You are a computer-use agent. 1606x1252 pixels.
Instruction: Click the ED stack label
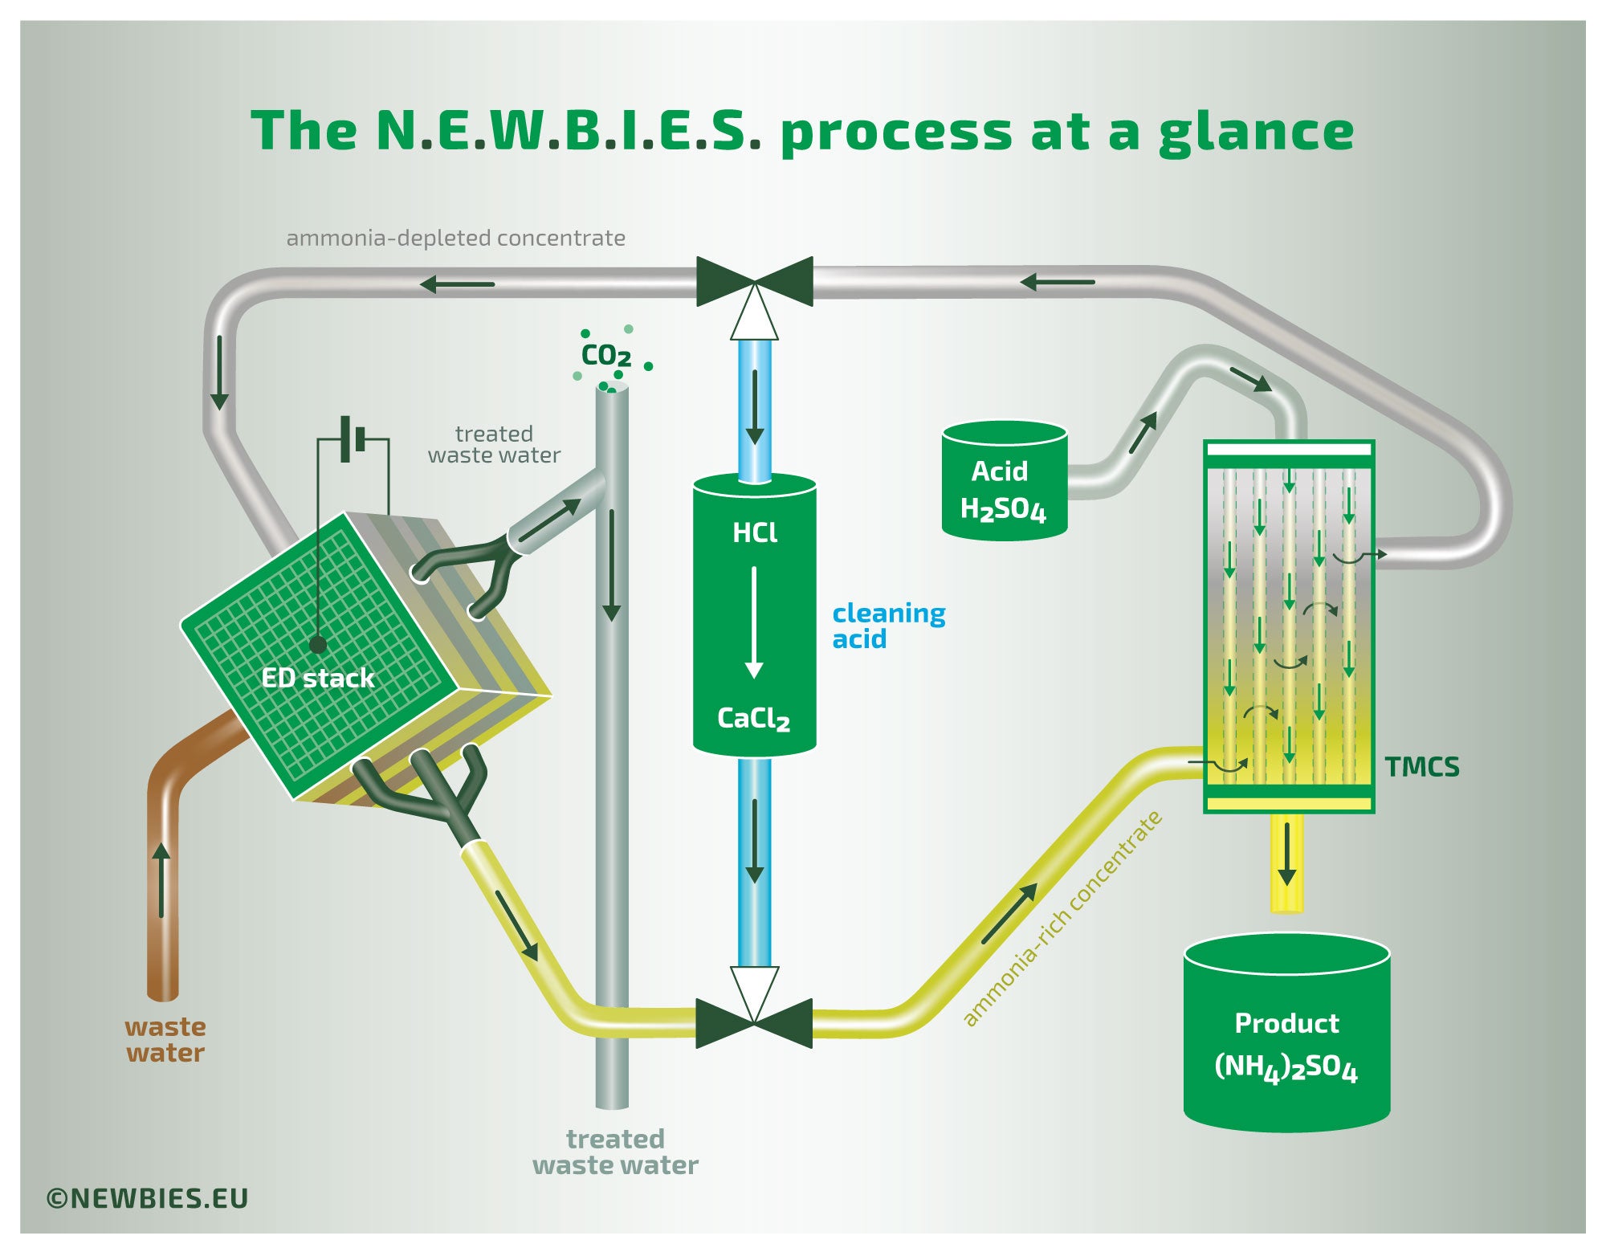[318, 678]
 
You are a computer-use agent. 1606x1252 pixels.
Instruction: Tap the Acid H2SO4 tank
[1004, 482]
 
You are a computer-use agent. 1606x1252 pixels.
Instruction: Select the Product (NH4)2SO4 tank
[1286, 1036]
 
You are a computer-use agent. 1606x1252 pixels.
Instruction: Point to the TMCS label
[1421, 768]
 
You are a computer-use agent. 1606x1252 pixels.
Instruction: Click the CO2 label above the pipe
[606, 355]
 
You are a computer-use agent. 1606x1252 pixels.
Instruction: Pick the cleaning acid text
[888, 626]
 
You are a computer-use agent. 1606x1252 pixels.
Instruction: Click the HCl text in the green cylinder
[755, 532]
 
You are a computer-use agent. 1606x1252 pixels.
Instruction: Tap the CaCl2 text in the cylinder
[753, 718]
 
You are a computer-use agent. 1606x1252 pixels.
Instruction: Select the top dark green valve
[755, 282]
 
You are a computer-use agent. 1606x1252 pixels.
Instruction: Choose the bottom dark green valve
[754, 1023]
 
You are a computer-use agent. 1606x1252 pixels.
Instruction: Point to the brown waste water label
[165, 1039]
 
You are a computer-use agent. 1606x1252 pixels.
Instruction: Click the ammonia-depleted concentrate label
[455, 238]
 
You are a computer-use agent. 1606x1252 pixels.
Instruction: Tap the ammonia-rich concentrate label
[1062, 919]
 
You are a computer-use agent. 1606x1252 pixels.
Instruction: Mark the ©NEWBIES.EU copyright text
[148, 1198]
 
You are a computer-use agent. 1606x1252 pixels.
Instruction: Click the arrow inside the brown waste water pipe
[162, 880]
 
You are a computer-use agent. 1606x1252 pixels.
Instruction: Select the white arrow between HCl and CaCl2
[754, 622]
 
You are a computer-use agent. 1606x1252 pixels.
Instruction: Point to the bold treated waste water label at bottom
[615, 1152]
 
